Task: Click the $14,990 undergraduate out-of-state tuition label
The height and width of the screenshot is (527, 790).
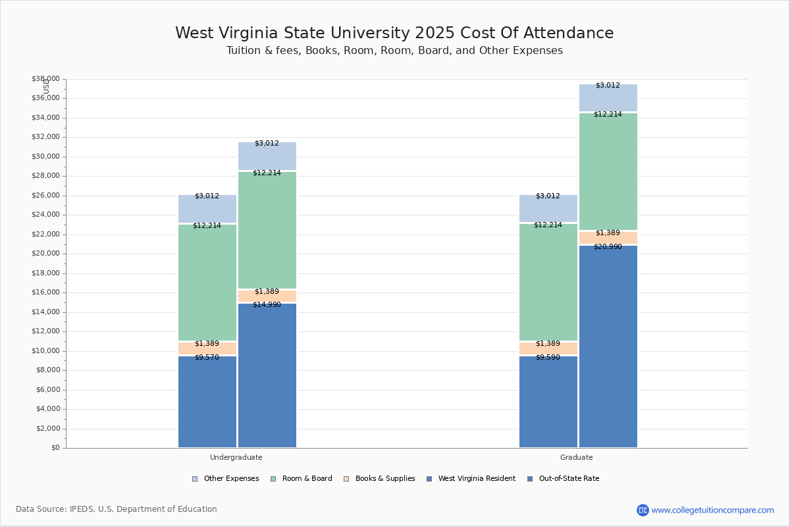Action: pos(267,304)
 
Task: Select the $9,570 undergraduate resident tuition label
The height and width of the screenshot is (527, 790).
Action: pos(207,357)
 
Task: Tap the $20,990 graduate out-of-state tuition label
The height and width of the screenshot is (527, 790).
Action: pos(608,246)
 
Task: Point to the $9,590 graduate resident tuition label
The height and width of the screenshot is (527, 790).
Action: pos(548,357)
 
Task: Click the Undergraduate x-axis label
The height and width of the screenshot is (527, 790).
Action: pos(236,457)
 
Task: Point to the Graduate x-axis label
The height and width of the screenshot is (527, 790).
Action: pos(577,457)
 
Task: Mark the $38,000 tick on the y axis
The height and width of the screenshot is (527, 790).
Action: pos(45,79)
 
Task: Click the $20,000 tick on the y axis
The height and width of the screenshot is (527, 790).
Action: pos(45,254)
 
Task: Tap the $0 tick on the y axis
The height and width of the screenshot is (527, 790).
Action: pos(55,448)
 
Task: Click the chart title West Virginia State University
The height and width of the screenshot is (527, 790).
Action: pos(394,33)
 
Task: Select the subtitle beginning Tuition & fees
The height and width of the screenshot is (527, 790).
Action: pos(394,51)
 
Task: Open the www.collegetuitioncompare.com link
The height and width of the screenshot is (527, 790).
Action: pos(712,510)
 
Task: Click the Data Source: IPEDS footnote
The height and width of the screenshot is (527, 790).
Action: pos(117,509)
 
